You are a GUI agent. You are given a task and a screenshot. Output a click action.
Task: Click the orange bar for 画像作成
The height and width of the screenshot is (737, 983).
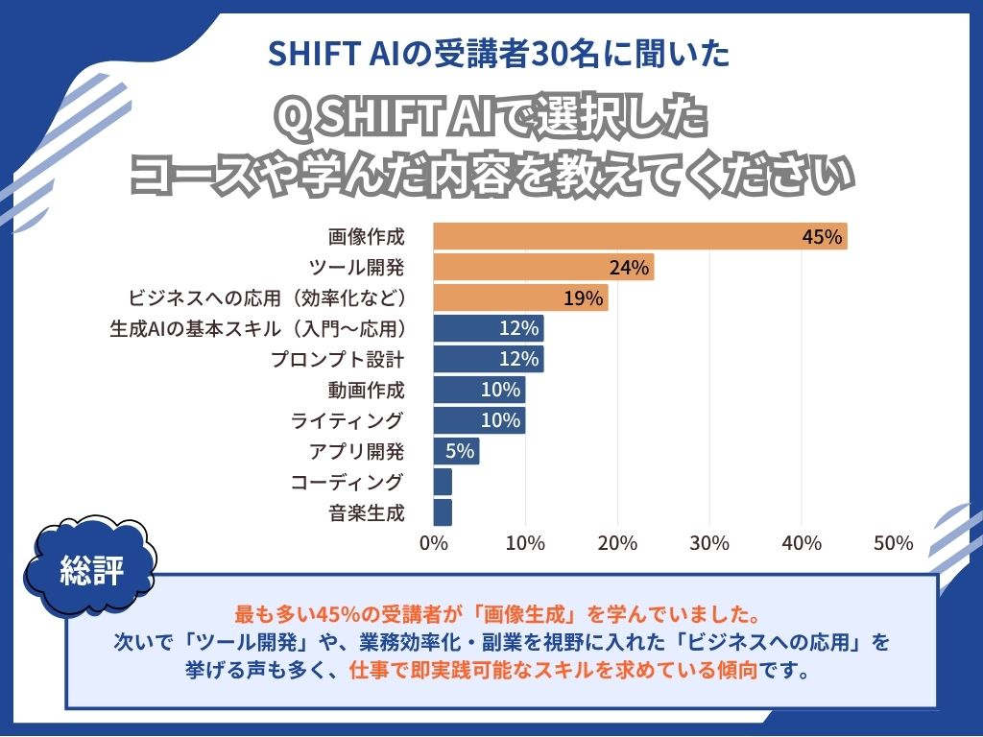(x=640, y=236)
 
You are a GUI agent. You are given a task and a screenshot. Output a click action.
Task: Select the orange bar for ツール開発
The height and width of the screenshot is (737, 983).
(x=543, y=267)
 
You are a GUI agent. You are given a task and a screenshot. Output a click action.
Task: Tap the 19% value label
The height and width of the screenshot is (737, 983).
(x=583, y=298)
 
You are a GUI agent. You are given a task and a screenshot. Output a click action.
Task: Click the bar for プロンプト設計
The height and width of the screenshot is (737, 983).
(x=489, y=359)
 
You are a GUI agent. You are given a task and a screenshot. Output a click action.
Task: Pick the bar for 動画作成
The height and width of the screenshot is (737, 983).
(x=479, y=390)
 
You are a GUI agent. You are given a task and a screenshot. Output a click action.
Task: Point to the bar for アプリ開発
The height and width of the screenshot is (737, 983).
(x=456, y=451)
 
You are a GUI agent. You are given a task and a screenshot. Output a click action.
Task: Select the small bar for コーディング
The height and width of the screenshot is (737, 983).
(x=443, y=482)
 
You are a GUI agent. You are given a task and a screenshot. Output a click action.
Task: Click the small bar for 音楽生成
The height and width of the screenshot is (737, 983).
(x=443, y=512)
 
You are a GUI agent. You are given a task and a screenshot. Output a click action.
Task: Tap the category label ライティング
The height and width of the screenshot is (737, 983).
(x=348, y=420)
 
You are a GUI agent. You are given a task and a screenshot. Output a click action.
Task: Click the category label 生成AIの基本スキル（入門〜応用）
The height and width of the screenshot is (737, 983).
(x=258, y=328)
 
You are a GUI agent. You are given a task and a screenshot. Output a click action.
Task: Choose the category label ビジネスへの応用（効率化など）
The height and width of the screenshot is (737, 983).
(x=266, y=297)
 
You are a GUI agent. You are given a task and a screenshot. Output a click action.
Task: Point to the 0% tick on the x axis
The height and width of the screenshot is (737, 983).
(x=434, y=543)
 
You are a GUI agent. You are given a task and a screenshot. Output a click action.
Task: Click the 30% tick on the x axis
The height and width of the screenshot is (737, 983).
(x=709, y=543)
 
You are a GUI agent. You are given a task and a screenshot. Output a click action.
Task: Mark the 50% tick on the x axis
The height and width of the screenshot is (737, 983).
(x=894, y=543)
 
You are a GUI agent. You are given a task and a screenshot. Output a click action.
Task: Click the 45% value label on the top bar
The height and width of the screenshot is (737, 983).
(x=822, y=237)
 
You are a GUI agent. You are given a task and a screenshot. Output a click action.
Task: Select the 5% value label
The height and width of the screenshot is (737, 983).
(x=460, y=451)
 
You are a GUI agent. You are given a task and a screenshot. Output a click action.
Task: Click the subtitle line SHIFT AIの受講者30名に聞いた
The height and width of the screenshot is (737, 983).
(x=491, y=53)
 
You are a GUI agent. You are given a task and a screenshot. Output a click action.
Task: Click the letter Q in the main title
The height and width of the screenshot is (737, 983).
(x=289, y=120)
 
